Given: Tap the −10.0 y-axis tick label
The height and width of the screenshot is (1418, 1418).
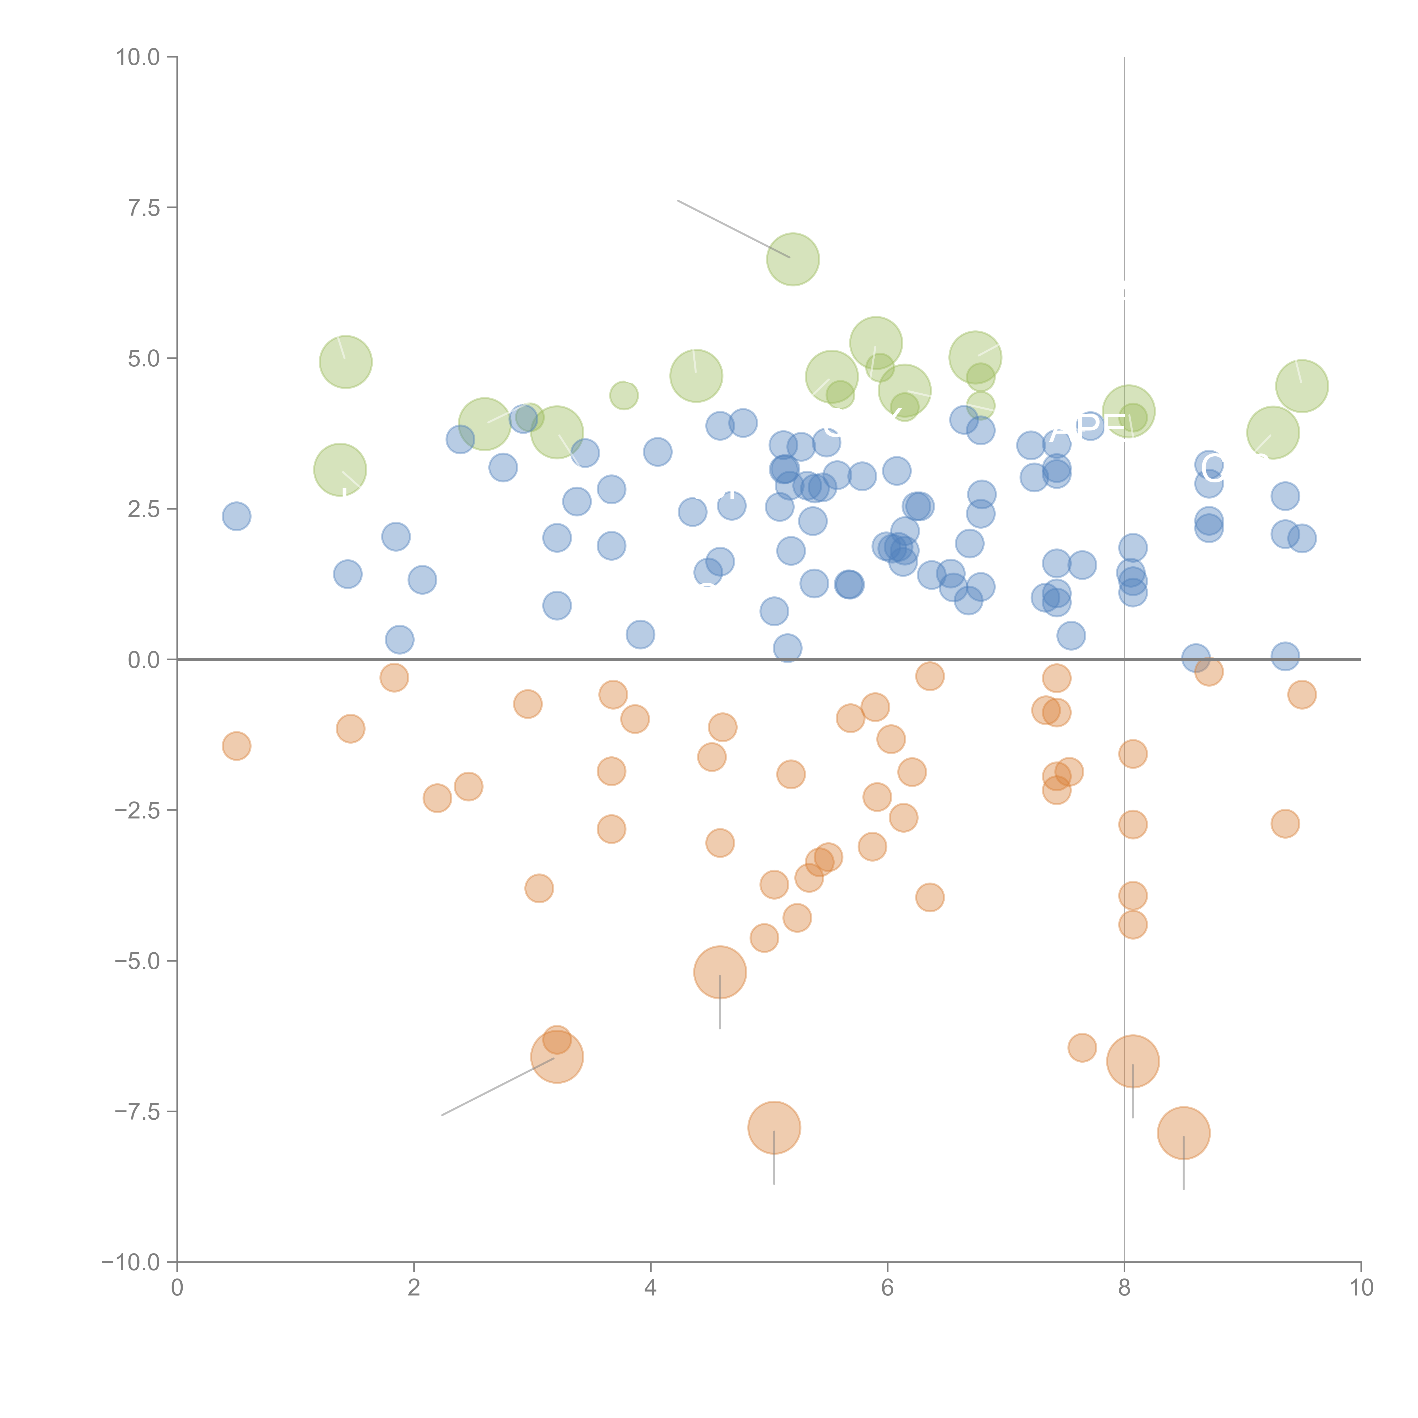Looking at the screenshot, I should (x=131, y=1262).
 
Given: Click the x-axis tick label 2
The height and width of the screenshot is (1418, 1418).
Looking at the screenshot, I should (x=414, y=1288).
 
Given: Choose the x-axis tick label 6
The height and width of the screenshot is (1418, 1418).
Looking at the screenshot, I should (x=887, y=1288).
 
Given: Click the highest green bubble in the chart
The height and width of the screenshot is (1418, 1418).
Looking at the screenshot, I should (x=793, y=259).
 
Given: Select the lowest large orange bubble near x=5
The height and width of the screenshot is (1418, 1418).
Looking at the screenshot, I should (x=774, y=1127).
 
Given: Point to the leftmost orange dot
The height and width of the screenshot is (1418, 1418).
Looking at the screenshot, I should (x=236, y=746).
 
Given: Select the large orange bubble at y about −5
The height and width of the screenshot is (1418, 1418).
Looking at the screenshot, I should (x=720, y=972).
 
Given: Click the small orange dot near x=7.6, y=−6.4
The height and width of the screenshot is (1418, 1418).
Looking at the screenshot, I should (x=1082, y=1047).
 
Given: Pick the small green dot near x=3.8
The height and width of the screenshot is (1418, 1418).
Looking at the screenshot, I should (x=624, y=396).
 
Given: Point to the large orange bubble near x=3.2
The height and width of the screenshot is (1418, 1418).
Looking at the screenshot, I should (x=557, y=1057).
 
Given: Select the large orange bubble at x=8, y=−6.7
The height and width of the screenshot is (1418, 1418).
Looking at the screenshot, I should (x=1132, y=1061).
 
